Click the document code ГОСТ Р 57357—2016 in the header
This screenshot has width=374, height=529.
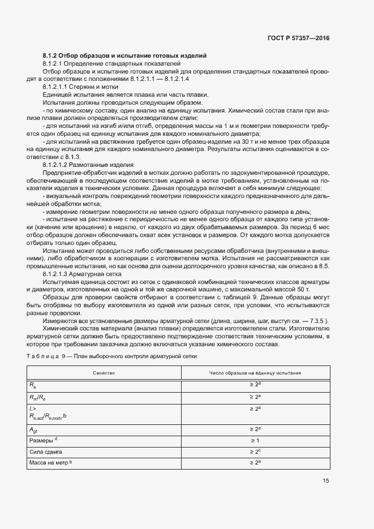[298, 38]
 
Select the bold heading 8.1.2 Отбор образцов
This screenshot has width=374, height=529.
[124, 56]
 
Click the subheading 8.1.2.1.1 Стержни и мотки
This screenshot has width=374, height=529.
[80, 87]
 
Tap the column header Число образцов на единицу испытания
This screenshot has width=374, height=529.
[255, 373]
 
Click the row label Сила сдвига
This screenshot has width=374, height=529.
[45, 452]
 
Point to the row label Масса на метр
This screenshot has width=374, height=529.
[50, 463]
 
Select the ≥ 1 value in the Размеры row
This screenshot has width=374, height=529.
[255, 440]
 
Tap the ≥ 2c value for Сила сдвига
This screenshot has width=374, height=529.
[255, 451]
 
